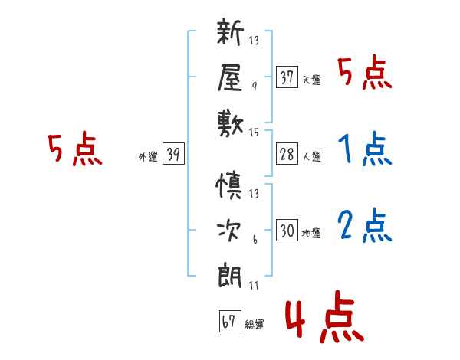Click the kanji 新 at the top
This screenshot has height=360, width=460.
click(230, 31)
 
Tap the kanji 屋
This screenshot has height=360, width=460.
click(230, 77)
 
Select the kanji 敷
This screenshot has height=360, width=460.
click(230, 124)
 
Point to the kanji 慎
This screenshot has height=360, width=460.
click(229, 185)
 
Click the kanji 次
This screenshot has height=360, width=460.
click(229, 231)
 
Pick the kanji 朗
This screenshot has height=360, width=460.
click(230, 276)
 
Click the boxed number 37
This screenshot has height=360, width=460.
click(287, 77)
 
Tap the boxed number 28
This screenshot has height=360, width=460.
click(287, 154)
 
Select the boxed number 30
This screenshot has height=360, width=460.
click(287, 230)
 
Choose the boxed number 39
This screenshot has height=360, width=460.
click(173, 153)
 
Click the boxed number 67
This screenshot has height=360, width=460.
click(230, 321)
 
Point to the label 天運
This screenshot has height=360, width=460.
click(311, 80)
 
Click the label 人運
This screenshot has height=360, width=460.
click(312, 156)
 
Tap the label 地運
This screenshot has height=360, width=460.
click(311, 234)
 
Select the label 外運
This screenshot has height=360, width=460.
click(148, 157)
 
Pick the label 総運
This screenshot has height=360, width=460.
click(255, 324)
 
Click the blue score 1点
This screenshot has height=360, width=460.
click(365, 149)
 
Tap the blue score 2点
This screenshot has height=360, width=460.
click(365, 225)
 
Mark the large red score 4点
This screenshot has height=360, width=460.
click(325, 316)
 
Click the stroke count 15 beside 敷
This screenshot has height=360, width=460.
click(254, 133)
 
